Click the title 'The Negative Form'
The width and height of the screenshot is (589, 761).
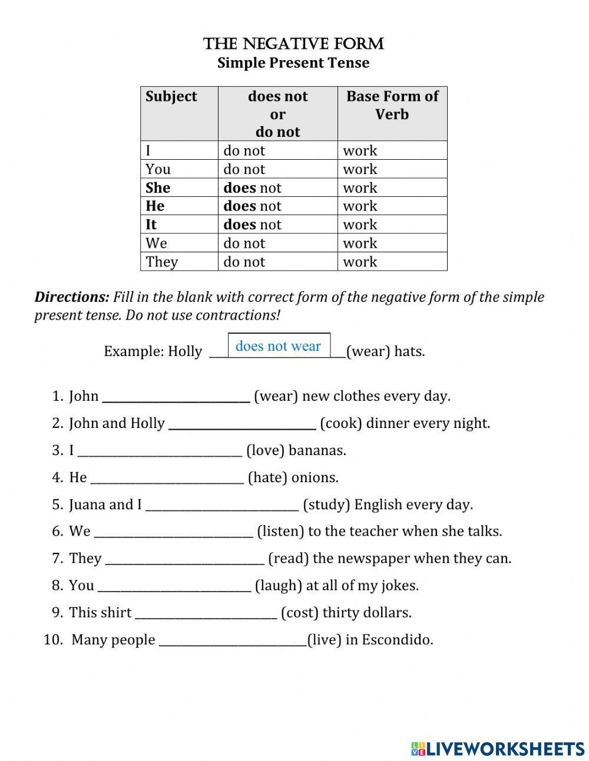click(x=293, y=44)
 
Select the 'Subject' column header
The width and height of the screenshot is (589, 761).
click(x=171, y=97)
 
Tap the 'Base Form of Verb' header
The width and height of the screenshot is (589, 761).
click(x=392, y=105)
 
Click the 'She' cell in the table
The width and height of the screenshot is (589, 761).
click(x=158, y=188)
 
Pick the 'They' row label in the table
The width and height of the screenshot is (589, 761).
click(x=162, y=262)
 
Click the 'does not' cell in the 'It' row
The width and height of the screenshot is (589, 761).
click(x=252, y=225)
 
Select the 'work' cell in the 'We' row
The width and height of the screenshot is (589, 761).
click(x=360, y=243)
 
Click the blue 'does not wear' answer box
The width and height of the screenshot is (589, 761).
click(x=279, y=346)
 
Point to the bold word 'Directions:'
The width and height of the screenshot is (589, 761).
click(x=72, y=297)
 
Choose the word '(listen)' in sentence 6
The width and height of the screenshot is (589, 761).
click(x=280, y=531)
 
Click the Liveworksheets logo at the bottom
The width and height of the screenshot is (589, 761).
click(x=498, y=748)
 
